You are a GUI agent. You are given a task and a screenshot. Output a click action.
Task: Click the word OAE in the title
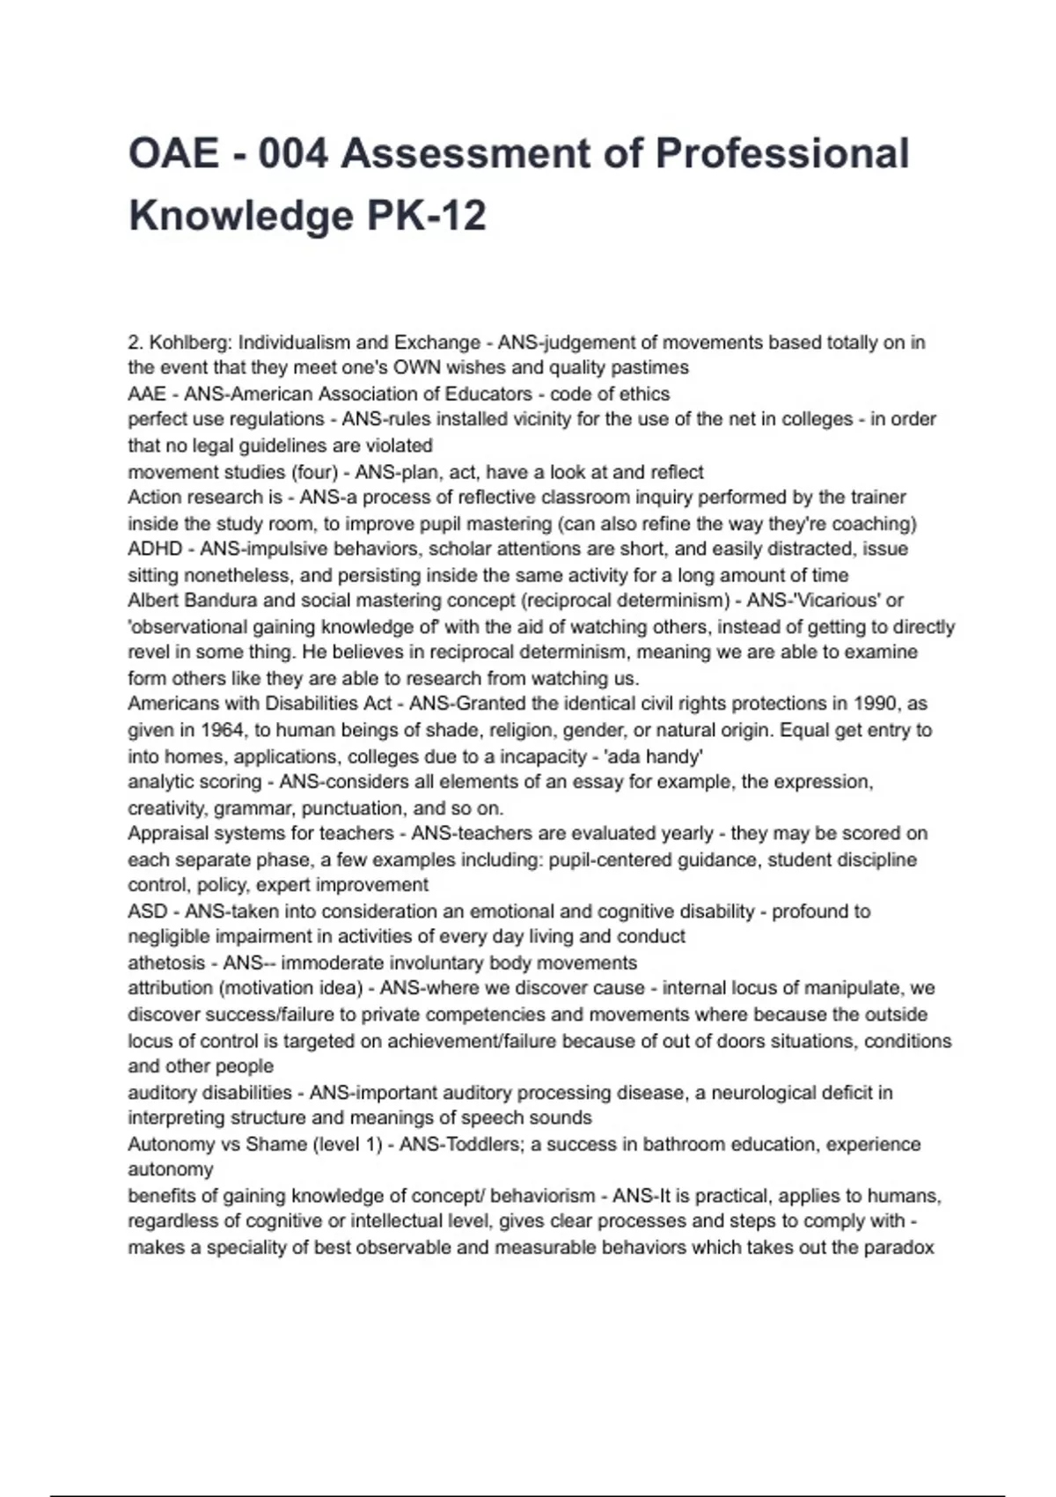pyautogui.click(x=174, y=154)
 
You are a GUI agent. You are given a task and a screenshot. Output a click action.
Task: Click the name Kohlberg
pyautogui.click(x=188, y=343)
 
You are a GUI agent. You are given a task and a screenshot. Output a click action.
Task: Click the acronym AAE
pyautogui.click(x=146, y=395)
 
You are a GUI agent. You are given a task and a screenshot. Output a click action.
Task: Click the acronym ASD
pyautogui.click(x=146, y=911)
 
